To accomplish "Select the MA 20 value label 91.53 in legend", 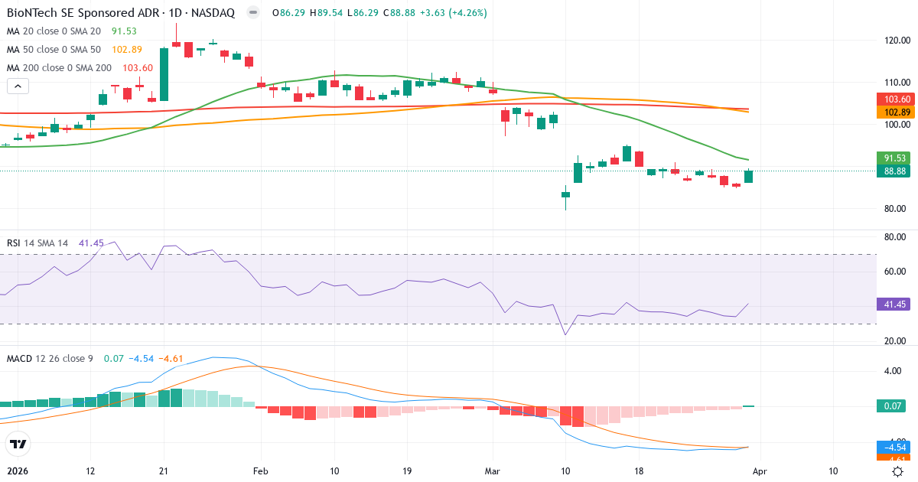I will [125, 31].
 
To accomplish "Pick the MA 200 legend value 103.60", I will [138, 67].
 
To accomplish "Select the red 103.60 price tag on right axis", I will [895, 99].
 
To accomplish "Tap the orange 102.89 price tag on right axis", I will [895, 112].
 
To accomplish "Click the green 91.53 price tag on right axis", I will [895, 158].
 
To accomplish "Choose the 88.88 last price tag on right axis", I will [895, 171].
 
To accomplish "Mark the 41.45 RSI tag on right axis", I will [895, 305].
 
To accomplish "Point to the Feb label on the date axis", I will [262, 471].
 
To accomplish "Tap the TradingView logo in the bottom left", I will [18, 444].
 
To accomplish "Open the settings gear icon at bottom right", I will [897, 471].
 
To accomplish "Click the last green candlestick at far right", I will [748, 176].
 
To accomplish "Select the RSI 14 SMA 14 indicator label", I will [37, 243].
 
